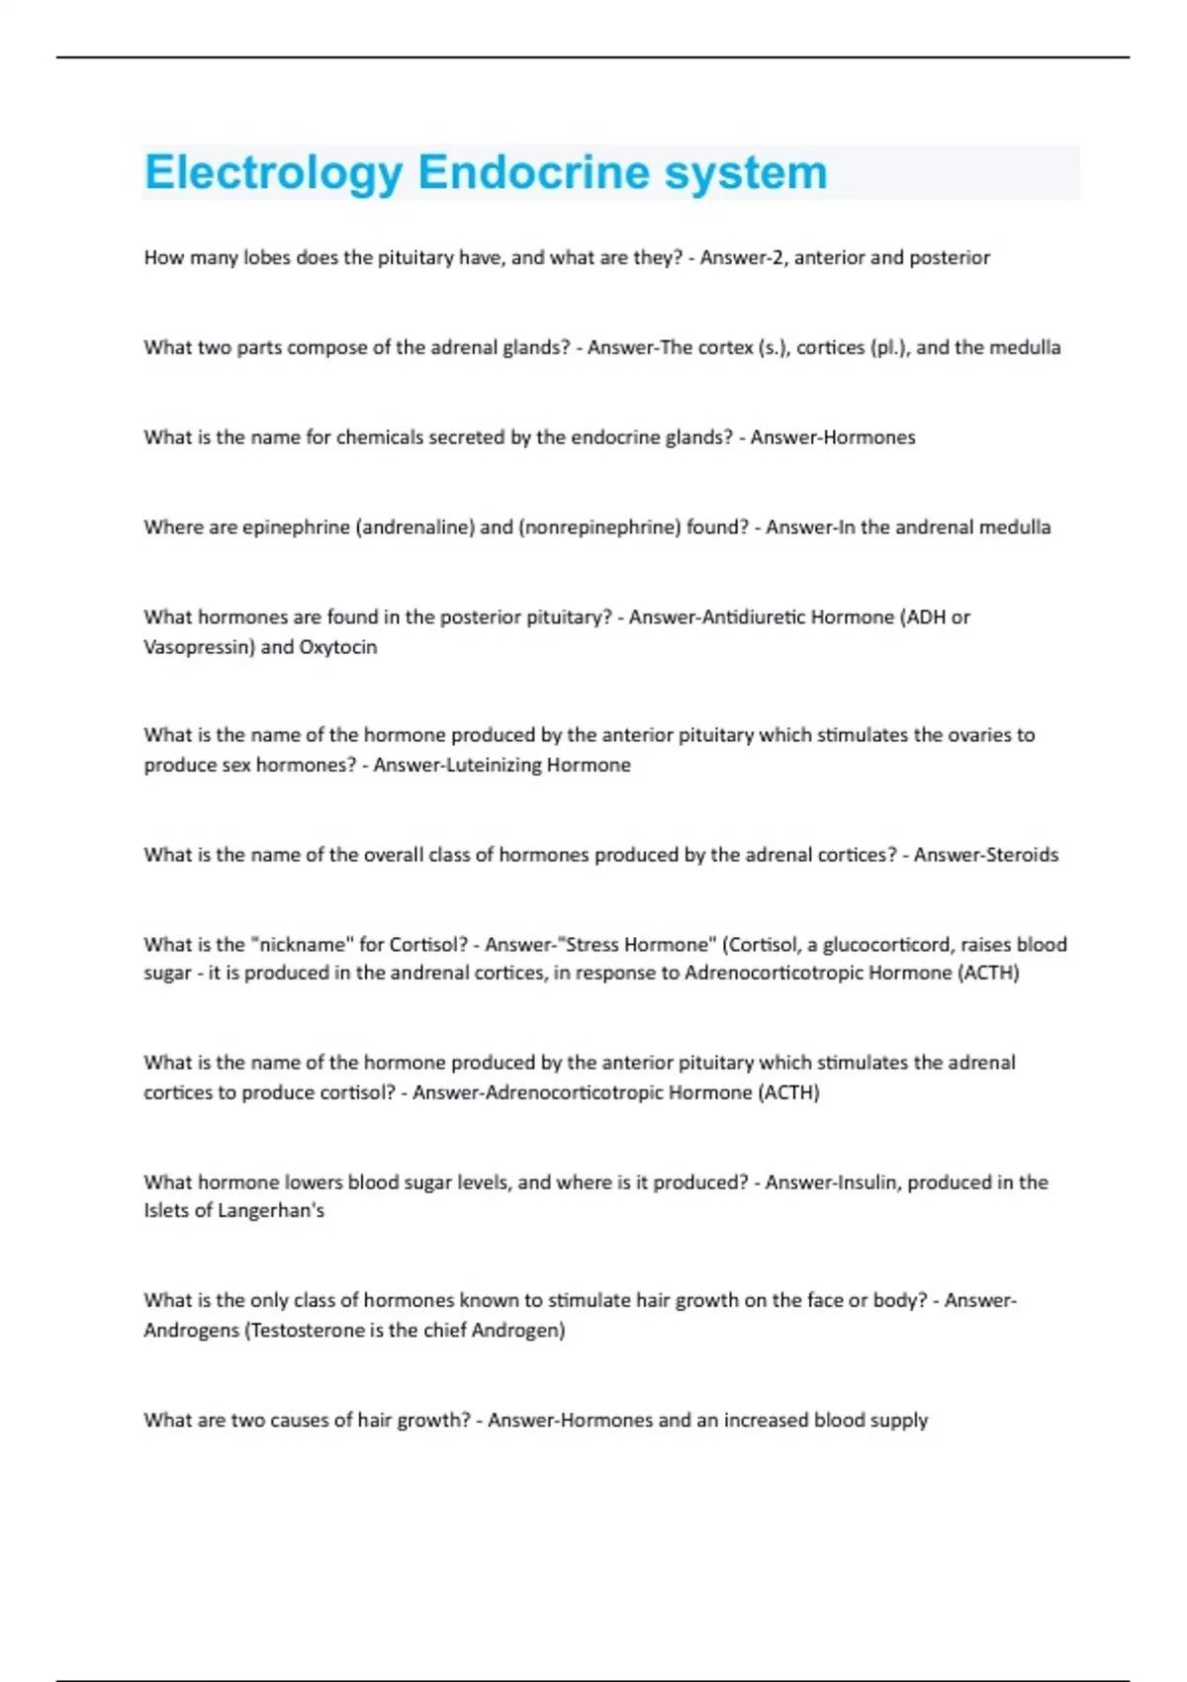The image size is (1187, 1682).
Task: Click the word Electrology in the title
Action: pos(273,173)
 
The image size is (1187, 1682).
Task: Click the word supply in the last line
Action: pos(898,1421)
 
